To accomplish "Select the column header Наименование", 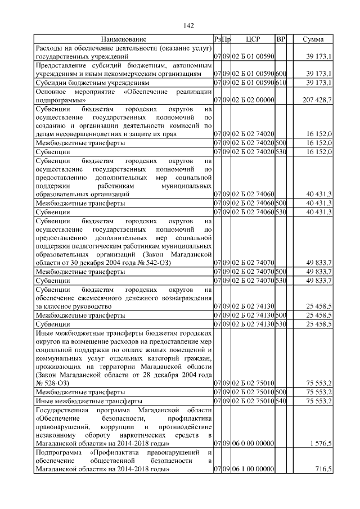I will [124, 39].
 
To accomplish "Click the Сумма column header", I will [313, 39].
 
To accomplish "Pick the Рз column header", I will [217, 39].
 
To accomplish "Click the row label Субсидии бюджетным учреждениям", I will [85, 82].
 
